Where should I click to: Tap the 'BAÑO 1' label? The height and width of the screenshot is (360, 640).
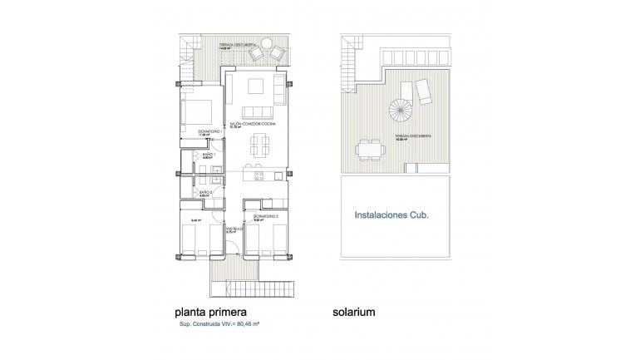coord(208,155)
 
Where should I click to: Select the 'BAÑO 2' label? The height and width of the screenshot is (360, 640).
coord(206,192)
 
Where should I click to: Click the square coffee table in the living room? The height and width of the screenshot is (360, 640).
coord(254,86)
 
